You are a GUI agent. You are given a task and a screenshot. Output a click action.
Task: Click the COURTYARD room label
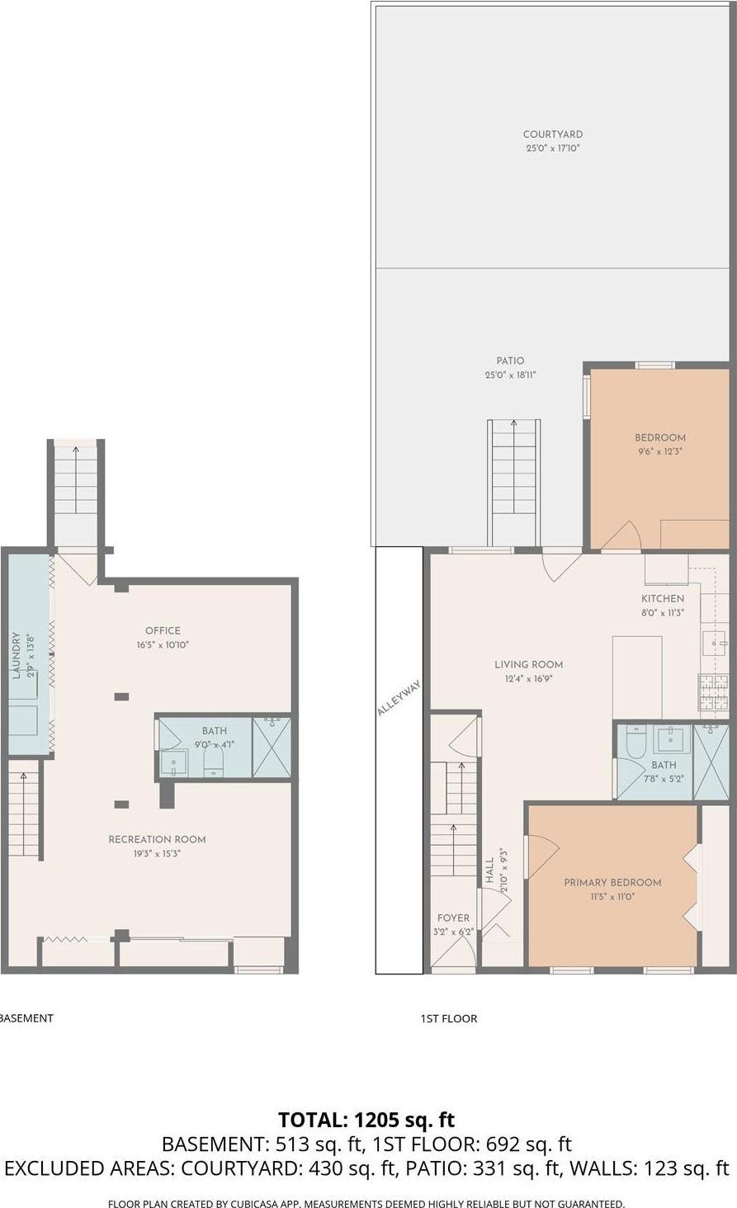(x=552, y=134)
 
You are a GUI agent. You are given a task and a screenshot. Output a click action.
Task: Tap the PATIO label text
(x=510, y=361)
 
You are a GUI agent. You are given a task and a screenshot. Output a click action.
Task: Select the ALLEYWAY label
(x=399, y=698)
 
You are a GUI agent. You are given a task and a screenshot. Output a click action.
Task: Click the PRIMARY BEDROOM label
(x=612, y=882)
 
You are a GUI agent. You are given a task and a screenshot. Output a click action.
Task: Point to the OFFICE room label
(x=163, y=630)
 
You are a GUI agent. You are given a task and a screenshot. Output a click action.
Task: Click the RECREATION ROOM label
(x=157, y=839)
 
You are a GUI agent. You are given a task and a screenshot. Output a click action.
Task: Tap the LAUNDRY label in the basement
(x=16, y=656)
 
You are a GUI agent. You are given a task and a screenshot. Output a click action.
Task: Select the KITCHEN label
(x=663, y=598)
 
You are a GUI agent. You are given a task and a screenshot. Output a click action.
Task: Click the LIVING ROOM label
(x=528, y=664)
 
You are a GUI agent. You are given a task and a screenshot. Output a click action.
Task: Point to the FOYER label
(x=453, y=918)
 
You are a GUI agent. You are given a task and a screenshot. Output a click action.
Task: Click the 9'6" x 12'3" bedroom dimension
(x=659, y=451)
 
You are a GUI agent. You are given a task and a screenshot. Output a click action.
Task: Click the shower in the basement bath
(x=272, y=748)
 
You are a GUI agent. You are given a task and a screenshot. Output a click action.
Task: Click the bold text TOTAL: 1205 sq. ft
(x=366, y=1120)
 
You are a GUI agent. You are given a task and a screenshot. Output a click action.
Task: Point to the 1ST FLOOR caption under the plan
(x=449, y=1018)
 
